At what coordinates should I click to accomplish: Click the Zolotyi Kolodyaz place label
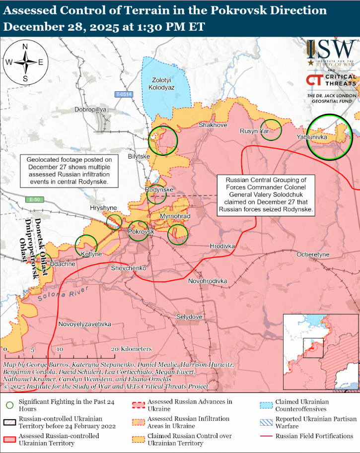click(163, 83)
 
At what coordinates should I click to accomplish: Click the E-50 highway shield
click(32, 199)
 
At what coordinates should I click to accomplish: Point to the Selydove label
click(189, 317)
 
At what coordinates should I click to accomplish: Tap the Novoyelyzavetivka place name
click(84, 324)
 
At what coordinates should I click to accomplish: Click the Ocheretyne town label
click(313, 255)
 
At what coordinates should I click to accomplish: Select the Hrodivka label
click(222, 246)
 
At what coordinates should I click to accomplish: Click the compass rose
click(25, 63)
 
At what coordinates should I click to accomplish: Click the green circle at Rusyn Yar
click(271, 130)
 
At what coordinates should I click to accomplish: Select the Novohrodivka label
click(208, 281)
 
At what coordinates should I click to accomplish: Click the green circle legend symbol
click(9, 405)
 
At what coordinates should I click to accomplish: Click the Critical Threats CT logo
click(314, 80)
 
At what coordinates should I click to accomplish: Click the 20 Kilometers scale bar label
click(131, 349)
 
